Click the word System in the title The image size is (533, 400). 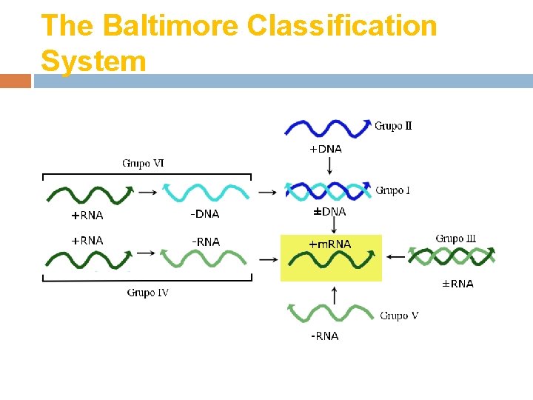click(94, 60)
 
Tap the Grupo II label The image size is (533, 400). click(393, 126)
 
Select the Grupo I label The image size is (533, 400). click(392, 190)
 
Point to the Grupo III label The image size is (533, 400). click(455, 239)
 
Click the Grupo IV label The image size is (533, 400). click(147, 293)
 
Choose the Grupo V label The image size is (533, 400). click(399, 316)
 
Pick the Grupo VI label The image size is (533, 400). click(143, 163)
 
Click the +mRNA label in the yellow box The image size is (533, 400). click(329, 244)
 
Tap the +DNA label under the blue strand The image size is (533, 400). click(325, 149)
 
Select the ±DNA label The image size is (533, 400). click(329, 212)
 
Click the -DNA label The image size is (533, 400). click(205, 214)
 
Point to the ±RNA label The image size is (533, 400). click(457, 284)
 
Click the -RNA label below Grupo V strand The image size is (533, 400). click(324, 336)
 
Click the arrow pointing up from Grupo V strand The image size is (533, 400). click(334, 294)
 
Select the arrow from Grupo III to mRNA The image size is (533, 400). click(395, 257)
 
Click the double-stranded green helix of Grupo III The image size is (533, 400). click(452, 256)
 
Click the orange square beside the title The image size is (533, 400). click(16, 81)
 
